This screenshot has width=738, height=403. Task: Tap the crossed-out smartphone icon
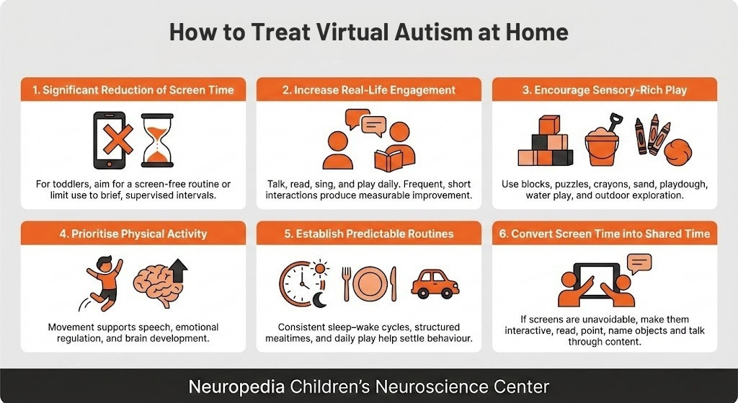110,139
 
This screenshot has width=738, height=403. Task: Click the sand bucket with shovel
603,141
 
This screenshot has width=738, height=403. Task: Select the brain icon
155,285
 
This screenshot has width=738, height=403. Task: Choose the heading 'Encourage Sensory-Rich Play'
605,90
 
